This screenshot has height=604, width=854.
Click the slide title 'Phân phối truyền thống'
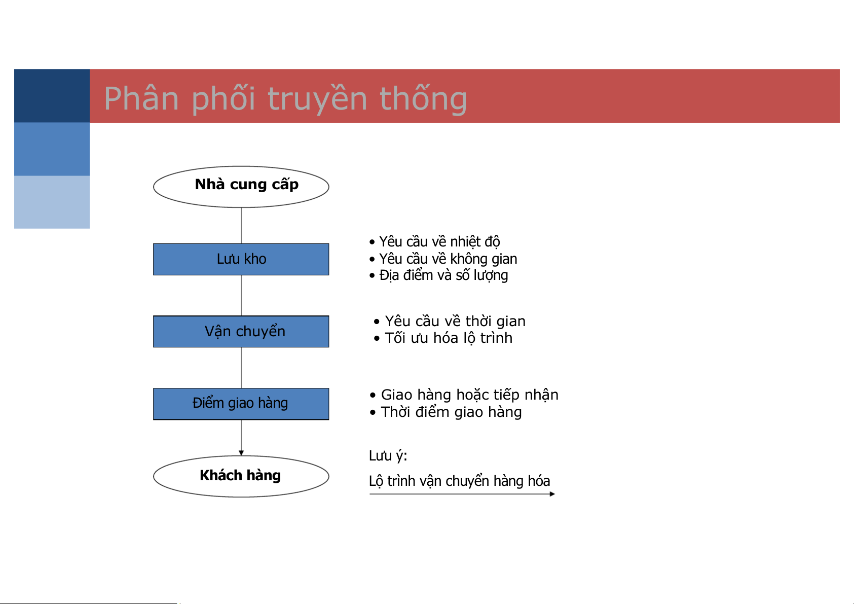(x=285, y=98)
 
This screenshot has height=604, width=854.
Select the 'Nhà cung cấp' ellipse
(x=241, y=187)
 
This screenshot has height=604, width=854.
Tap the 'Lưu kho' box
(x=241, y=259)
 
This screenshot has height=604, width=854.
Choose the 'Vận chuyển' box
(x=241, y=331)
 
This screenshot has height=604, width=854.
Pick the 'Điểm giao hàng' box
(x=241, y=404)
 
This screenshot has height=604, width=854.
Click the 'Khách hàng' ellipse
(x=241, y=476)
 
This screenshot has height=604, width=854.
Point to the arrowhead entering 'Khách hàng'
(x=241, y=453)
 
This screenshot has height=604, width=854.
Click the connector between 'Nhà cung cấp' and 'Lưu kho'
(x=241, y=226)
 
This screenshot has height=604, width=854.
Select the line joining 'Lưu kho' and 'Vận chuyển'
(x=241, y=295)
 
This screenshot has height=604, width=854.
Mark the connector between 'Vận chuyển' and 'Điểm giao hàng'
(x=241, y=368)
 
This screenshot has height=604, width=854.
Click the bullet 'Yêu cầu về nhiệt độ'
(x=435, y=241)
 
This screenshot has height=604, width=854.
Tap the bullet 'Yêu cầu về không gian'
(x=443, y=259)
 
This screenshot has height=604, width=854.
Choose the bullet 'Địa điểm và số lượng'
(x=438, y=275)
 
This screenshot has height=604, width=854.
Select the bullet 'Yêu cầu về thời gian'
(x=450, y=321)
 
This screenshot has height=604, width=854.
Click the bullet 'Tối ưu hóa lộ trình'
(x=443, y=338)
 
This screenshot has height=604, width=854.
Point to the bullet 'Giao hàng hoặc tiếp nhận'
(x=464, y=395)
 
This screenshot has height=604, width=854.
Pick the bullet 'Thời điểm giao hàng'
(x=445, y=412)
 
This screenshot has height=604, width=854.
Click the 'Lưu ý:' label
(x=388, y=456)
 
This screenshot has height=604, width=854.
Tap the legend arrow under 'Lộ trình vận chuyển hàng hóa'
(x=462, y=494)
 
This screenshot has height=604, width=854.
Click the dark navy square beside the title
(x=52, y=96)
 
